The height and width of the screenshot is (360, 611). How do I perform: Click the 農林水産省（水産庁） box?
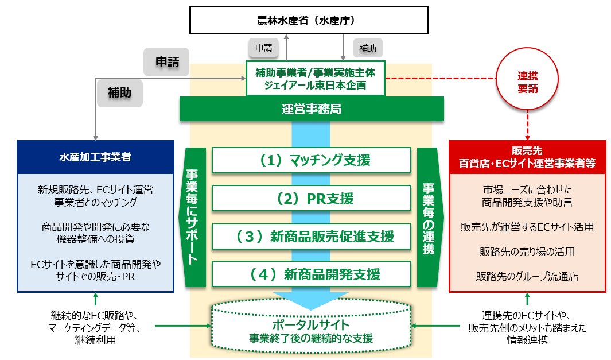coord(309,20)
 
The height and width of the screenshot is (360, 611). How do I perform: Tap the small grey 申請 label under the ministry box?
coord(264,48)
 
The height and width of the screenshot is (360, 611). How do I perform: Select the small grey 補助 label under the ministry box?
coord(367,48)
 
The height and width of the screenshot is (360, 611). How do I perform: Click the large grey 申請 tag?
coord(167,62)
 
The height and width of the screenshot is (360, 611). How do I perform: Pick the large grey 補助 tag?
coord(120,93)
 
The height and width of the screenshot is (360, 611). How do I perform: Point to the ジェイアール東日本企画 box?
coord(315,79)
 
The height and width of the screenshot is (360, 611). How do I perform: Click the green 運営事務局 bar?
coord(312,109)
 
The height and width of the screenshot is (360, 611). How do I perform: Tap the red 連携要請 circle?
coord(527,79)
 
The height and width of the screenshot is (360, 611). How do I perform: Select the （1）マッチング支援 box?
coord(312,160)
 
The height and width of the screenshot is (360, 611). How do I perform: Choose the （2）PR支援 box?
coord(312,198)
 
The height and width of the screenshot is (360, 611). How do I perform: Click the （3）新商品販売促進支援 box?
coord(312,237)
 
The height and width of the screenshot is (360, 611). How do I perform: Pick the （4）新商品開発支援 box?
coord(312,274)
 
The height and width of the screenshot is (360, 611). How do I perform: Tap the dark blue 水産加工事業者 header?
coord(95,157)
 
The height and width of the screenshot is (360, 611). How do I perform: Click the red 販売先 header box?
coord(527,157)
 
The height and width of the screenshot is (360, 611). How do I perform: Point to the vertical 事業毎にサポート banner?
coord(193,217)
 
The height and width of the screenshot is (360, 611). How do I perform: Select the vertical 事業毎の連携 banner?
coord(429,217)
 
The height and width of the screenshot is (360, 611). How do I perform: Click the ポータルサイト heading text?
coord(311,324)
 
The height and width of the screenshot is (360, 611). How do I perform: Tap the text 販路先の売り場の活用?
coord(527,251)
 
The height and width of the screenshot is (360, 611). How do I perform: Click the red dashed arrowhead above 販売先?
coord(527,137)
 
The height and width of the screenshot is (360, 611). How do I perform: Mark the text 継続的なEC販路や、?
coord(95,315)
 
